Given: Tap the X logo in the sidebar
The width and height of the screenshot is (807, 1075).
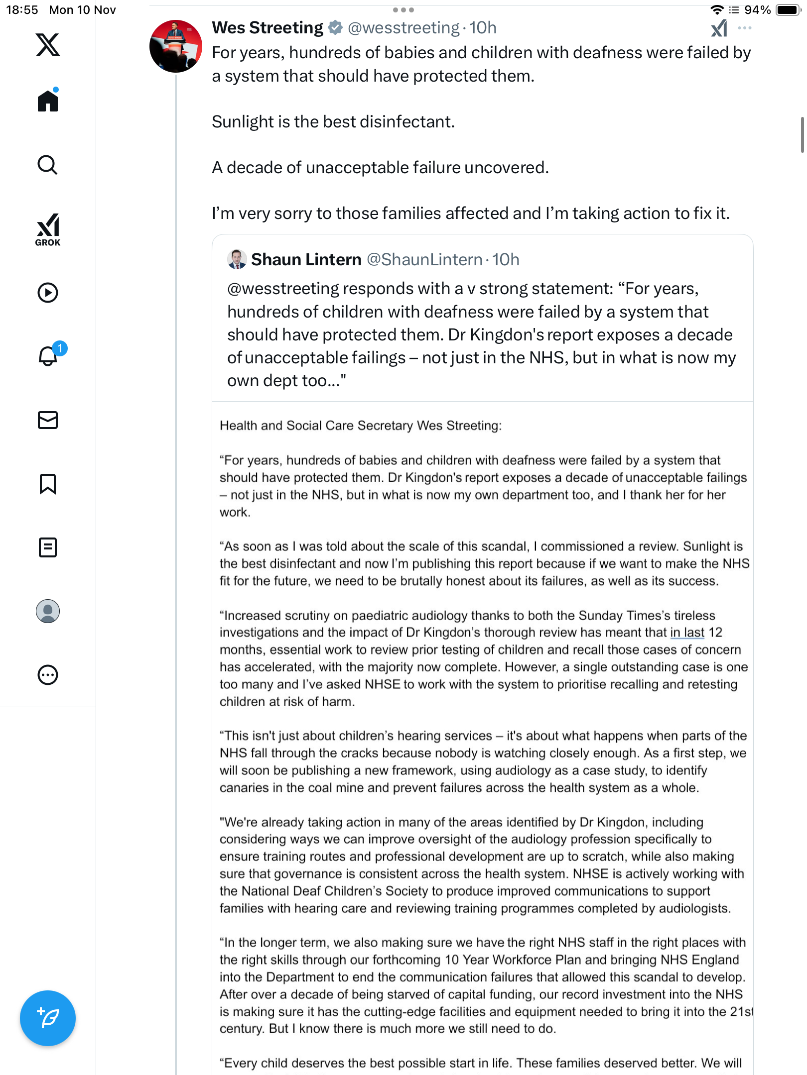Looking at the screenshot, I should point(48,45).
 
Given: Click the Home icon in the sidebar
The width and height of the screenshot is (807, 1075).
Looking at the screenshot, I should point(48,101).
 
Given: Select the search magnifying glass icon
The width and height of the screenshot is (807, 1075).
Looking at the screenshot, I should point(48,165).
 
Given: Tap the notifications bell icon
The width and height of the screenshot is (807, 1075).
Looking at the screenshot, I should point(48,356).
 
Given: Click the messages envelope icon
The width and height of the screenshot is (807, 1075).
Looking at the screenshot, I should point(48,420).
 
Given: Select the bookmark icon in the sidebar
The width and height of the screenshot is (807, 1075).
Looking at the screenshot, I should point(48,484).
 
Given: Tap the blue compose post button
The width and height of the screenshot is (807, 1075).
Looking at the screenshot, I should point(48,1018).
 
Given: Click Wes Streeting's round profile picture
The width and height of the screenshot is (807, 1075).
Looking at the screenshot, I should point(176,46).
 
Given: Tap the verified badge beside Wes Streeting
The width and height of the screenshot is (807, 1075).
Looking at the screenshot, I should point(336,28).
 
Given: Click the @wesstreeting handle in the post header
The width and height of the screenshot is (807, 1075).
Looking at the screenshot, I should point(403,28).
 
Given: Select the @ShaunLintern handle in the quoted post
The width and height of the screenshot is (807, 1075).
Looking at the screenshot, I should point(424,260).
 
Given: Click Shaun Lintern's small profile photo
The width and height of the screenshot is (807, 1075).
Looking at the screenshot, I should point(237,259).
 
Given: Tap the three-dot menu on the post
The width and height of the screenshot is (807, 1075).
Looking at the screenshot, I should point(745,28).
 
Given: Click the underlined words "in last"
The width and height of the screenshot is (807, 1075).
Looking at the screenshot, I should point(687,633).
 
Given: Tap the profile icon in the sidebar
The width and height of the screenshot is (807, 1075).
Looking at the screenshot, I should point(48,611).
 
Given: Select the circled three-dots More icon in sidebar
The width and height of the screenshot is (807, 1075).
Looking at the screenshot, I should point(48,675).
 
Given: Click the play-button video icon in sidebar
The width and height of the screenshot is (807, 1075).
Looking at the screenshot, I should point(48,293).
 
